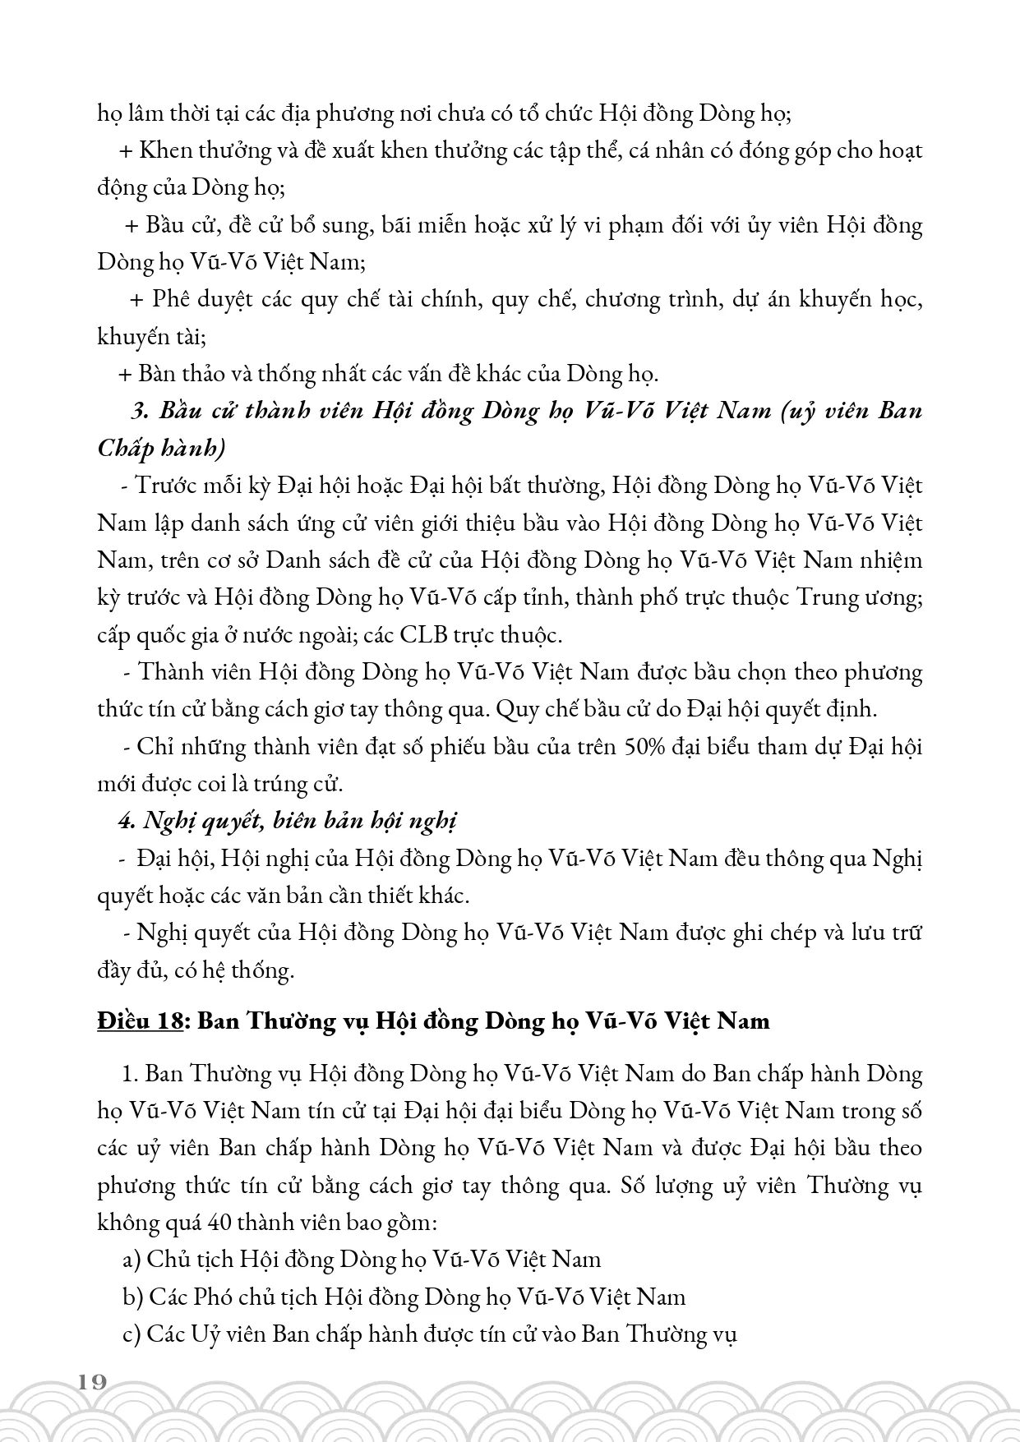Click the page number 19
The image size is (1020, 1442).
(94, 1380)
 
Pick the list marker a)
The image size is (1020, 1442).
(132, 1259)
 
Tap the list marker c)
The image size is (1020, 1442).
(132, 1334)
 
